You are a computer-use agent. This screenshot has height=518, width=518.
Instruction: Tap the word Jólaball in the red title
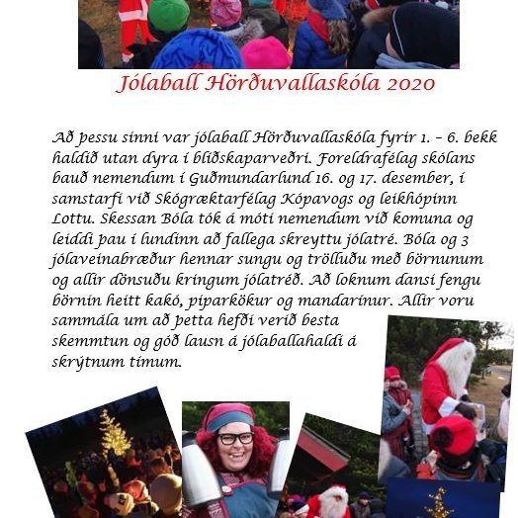pos(155,85)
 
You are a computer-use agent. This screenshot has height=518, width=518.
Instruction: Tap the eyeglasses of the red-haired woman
pos(234,438)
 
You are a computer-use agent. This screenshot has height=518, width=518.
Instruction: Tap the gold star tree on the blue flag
pos(438,503)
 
